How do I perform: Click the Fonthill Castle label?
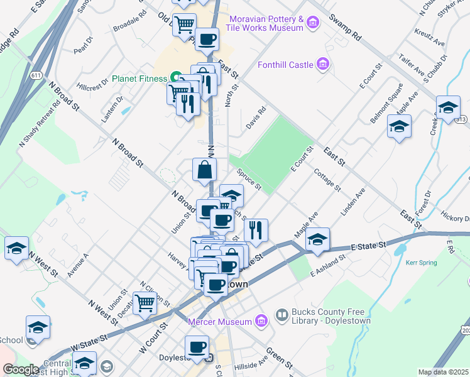pyautogui.click(x=286, y=65)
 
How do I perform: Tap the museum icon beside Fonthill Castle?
pyautogui.click(x=324, y=63)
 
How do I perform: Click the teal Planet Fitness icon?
pyautogui.click(x=177, y=79)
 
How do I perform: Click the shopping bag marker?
pyautogui.click(x=205, y=170)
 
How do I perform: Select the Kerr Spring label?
pyautogui.click(x=420, y=263)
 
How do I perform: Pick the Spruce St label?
pyautogui.click(x=249, y=177)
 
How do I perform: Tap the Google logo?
pyautogui.click(x=21, y=369)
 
